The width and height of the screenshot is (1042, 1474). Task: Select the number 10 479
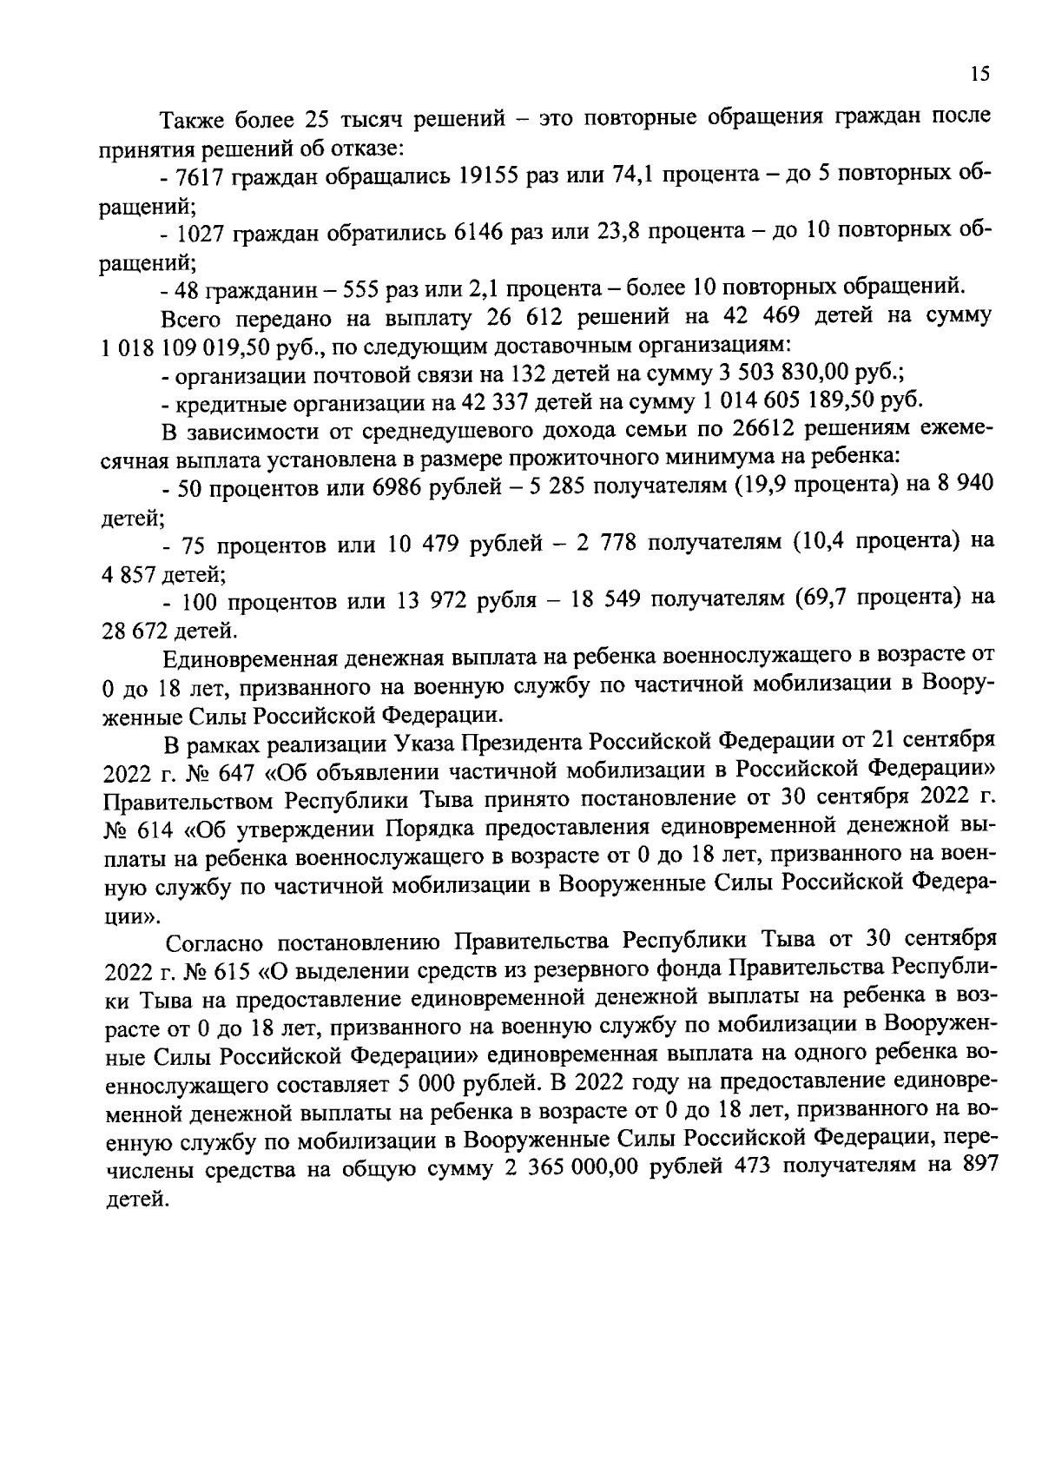tap(423, 543)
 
